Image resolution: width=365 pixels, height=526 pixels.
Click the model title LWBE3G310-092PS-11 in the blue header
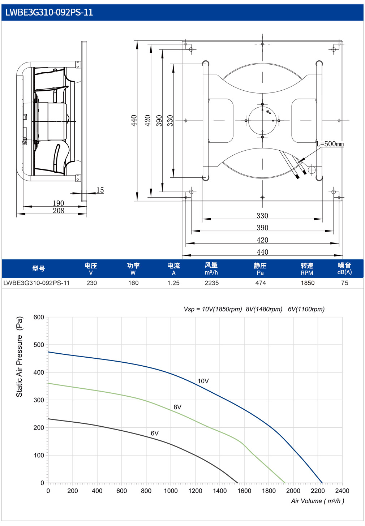49,12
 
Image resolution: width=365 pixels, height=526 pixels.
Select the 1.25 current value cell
173,283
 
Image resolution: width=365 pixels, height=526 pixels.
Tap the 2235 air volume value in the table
212,283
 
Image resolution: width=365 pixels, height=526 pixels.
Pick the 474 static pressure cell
261,283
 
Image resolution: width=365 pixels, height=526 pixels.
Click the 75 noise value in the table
344,283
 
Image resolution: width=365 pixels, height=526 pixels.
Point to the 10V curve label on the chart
203,381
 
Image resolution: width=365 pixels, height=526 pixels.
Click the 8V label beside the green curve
177,407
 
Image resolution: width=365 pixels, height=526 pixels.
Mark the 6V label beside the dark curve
155,433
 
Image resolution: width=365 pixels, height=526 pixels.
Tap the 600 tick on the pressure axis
39,317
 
